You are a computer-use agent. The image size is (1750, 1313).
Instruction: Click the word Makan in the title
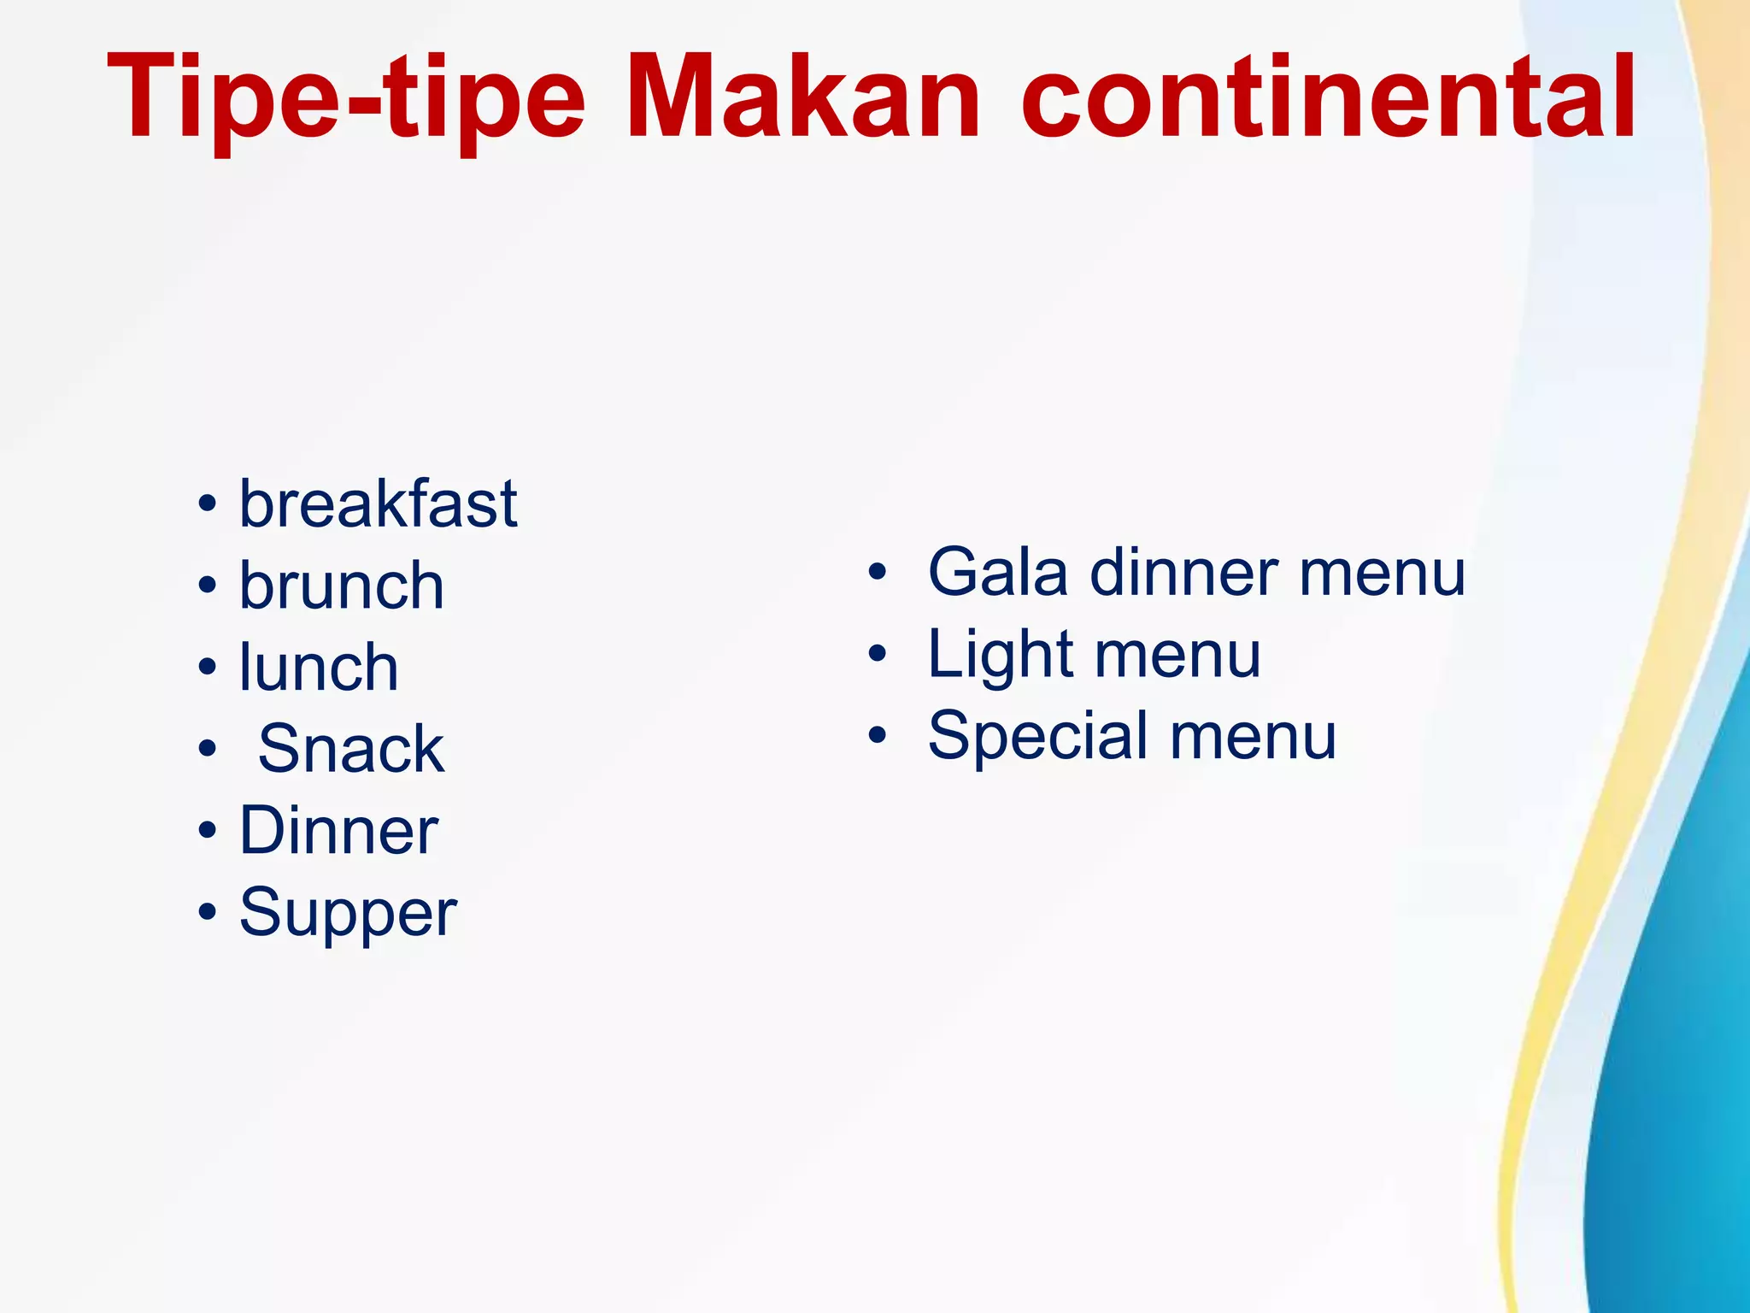coord(803,96)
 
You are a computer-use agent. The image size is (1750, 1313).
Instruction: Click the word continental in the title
coord(1328,96)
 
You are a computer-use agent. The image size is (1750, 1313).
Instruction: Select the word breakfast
coord(378,503)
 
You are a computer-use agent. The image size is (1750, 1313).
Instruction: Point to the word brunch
coord(342,586)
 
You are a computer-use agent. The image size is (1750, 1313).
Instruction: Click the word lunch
coord(319,667)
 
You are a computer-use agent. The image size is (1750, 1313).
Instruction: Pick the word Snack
coord(350,749)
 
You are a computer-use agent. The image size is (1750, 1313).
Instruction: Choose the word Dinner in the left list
coord(338,830)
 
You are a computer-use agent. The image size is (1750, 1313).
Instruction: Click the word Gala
coord(997,572)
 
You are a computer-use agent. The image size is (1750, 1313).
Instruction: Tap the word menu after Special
coord(1253,737)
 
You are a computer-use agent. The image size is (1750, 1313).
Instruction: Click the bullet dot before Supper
coord(207,912)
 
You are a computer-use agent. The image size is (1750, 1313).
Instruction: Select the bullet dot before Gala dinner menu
coord(878,573)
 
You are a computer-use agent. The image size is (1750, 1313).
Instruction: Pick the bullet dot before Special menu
coord(878,735)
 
